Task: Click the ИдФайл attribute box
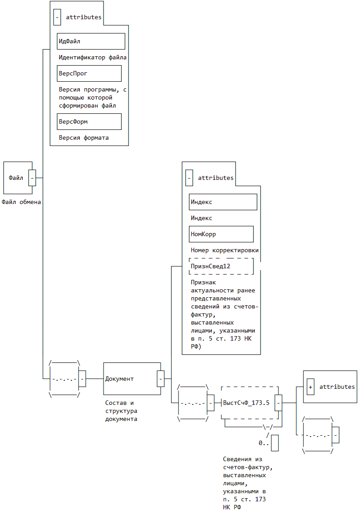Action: coord(91,41)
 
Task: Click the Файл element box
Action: coord(16,178)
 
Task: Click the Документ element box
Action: coord(130,379)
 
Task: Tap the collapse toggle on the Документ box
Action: coord(161,379)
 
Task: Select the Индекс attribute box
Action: coord(223,202)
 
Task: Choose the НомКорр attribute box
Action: coord(221,234)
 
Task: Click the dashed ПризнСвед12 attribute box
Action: coord(221,266)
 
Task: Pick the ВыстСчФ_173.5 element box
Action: coord(248,403)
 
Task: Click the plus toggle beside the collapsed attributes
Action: coord(310,387)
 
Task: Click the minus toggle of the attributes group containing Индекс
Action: coord(189,178)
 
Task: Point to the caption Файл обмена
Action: coord(21,202)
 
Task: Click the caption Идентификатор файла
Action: coord(93,58)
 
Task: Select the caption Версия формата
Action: coord(84,137)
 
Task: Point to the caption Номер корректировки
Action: coord(225,250)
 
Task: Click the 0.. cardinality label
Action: coord(264,443)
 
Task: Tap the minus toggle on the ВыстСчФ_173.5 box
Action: coord(278,403)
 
